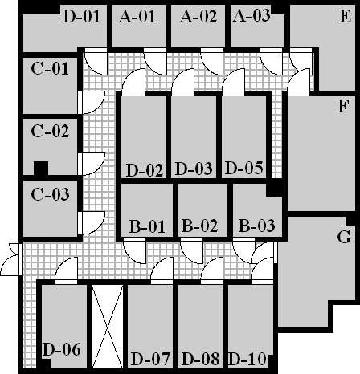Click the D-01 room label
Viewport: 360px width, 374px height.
pos(82,16)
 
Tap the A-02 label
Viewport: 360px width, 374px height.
pos(198,16)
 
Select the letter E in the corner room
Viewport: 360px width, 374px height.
pos(346,16)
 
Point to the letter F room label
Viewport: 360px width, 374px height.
pos(343,106)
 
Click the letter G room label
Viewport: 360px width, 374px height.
pos(344,237)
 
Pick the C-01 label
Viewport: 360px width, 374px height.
pos(50,68)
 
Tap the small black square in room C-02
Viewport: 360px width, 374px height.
pos(41,169)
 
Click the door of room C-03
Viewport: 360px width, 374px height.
pos(92,223)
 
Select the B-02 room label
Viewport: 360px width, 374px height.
pos(199,226)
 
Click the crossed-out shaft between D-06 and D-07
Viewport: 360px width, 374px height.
pos(107,327)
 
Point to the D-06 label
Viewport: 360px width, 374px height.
pos(61,349)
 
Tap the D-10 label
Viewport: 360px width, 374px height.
pos(247,359)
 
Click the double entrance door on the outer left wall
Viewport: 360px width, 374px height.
pos(11,259)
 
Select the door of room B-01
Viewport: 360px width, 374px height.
pos(134,250)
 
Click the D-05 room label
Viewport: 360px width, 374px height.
pos(244,168)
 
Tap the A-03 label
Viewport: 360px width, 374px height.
pos(252,15)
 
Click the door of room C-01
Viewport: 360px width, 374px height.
pos(92,103)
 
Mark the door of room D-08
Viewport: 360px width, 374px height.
pos(212,270)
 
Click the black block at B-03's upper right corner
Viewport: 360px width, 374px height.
pos(274,189)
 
